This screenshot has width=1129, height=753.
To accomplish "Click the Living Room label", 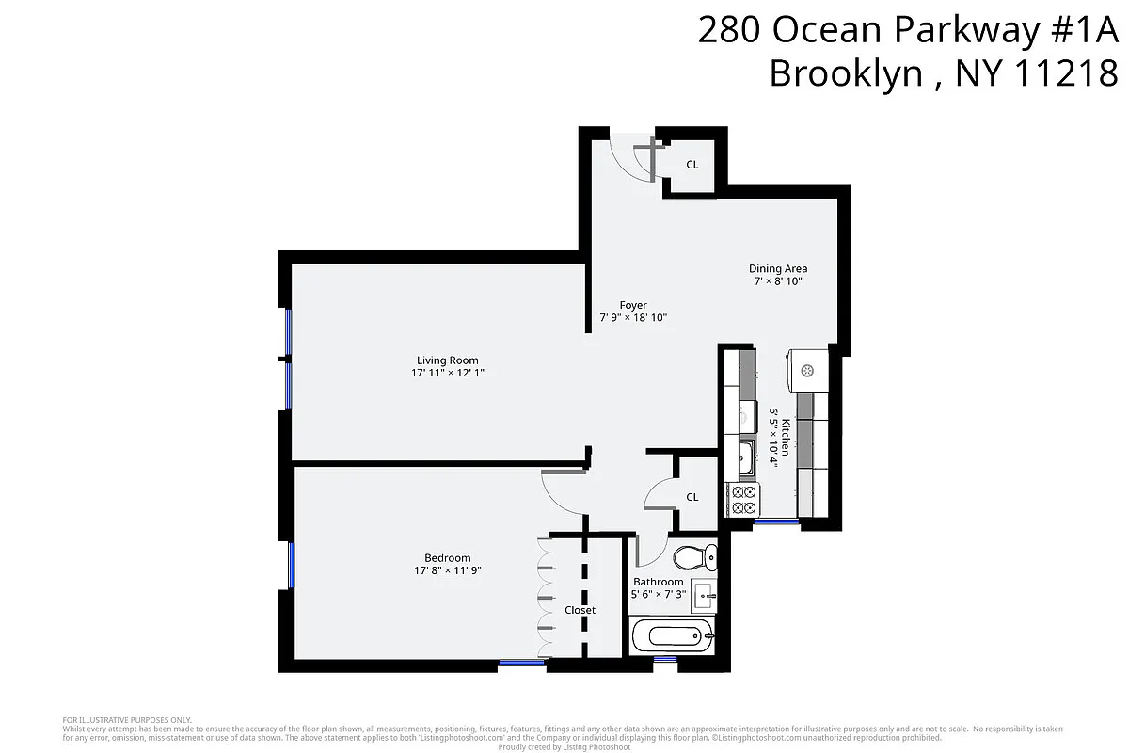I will tap(447, 360).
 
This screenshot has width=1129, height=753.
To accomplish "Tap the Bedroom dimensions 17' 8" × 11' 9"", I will tap(447, 570).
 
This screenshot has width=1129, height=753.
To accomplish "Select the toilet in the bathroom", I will tap(694, 558).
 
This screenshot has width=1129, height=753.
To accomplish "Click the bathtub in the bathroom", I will tap(671, 636).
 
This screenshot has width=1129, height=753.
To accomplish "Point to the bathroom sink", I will tap(704, 595).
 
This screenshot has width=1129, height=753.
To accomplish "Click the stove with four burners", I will tap(743, 500).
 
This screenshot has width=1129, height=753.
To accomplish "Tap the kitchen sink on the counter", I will tap(745, 458).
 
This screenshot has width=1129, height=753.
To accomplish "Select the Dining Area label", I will tap(777, 268).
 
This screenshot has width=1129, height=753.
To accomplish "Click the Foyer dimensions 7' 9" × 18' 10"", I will tap(633, 318).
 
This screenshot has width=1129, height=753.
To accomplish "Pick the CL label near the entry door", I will tap(692, 165).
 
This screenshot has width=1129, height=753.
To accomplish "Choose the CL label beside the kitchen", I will tap(692, 497).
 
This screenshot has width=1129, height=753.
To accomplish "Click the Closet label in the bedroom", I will tap(580, 610).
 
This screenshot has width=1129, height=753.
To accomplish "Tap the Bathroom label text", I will tap(658, 582).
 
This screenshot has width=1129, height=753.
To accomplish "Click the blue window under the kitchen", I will tap(776, 521).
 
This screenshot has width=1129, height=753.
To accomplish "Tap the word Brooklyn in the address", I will tap(846, 72).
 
